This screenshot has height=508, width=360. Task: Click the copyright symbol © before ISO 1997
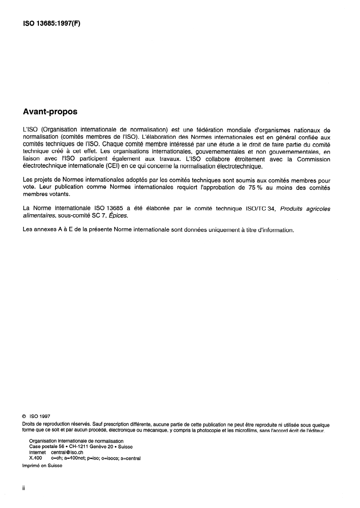coord(24,416)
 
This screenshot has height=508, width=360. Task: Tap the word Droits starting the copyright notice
coord(29,424)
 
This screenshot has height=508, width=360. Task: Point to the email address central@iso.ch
coord(67,452)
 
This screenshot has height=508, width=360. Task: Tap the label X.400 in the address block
coord(35,458)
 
